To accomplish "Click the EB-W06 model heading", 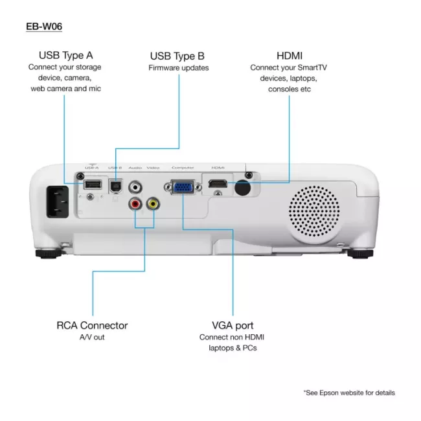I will coord(44,27).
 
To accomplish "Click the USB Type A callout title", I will coord(65,56).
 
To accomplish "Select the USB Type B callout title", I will coord(178,56).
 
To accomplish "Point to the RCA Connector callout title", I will coord(92,325).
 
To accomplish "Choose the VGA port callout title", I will coord(232,325).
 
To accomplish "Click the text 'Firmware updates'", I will coord(178,68).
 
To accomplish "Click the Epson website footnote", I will coord(348,393).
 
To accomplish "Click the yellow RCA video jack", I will coord(153,203).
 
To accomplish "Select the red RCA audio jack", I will coord(135,203).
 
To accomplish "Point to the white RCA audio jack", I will coord(135,187).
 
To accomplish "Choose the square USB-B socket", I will coord(115,185).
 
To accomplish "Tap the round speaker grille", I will coord(313,213).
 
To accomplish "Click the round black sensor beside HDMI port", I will coord(242,187).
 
